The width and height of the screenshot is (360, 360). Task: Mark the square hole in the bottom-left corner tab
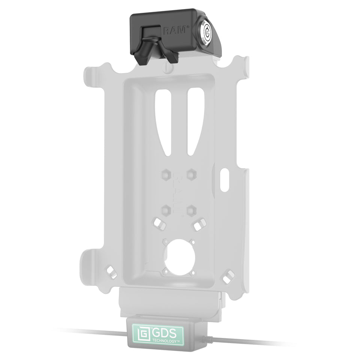pos(111,272)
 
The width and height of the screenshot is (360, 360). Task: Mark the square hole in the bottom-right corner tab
pos(228,276)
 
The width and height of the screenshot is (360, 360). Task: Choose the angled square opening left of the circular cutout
pos(158,224)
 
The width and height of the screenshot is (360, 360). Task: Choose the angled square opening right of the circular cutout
pos(198,225)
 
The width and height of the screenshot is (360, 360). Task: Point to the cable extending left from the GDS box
pos(94,331)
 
